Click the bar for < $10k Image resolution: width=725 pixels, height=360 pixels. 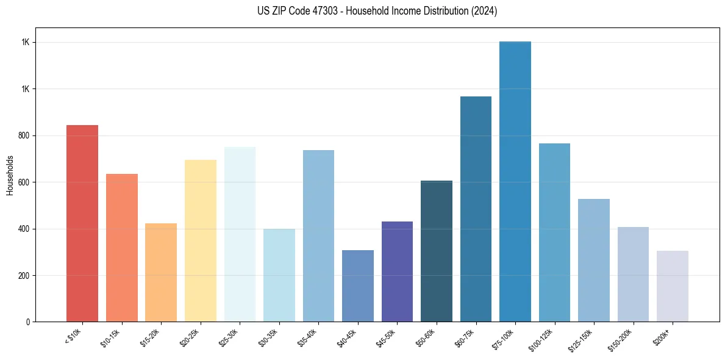coord(82,223)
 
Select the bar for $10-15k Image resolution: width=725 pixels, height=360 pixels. coord(122,248)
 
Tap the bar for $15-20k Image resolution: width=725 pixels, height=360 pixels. coord(161,273)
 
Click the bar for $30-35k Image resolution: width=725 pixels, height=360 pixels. coord(279,275)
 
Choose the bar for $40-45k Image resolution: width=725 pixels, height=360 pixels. coord(358,286)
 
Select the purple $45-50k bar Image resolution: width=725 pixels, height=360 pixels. coord(397,272)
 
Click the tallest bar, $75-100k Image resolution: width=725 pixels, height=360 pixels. coord(515,182)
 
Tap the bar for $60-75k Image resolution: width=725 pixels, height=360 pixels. coord(476,209)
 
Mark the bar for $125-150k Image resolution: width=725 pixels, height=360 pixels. coord(594,261)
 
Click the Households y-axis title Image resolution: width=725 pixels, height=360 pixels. coord(10,175)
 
